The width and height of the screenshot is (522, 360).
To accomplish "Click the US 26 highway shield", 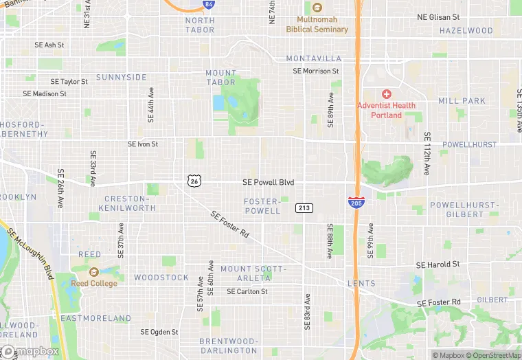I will pos(193,181).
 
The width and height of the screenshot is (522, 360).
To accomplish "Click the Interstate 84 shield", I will pos(208,4).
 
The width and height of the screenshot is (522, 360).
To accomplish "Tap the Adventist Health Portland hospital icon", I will pos(387,93).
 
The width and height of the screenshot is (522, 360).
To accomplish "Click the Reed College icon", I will pos(95,272).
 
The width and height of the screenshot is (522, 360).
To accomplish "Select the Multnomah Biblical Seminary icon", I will pos(317,8).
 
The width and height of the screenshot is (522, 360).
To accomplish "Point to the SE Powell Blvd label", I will pos(268,182).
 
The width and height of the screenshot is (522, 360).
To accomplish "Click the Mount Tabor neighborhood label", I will pos(220,78).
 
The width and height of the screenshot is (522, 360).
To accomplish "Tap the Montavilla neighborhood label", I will pos(313,58).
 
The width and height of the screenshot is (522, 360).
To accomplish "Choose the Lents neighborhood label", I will pos(361,283).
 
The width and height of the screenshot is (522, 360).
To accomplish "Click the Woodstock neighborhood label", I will pos(161,278).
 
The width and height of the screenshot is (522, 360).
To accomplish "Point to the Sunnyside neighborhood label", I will pos(122,77).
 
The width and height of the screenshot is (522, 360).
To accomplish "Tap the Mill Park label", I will pos(462,101).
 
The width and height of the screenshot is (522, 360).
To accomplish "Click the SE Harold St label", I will pos(438,265).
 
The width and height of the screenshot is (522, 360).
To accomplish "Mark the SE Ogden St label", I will pos(159,332).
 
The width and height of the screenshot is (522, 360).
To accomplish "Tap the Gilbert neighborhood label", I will pos(492,300).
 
